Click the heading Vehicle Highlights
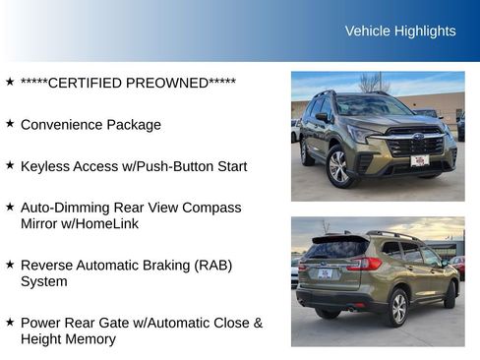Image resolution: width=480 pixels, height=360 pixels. coord(400,30)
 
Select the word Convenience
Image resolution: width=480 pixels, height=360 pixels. coord(62,125)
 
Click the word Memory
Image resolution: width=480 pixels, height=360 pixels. coord(90,338)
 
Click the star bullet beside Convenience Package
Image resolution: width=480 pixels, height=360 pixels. coord(10,124)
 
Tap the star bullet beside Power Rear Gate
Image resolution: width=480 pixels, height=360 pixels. coord(10,322)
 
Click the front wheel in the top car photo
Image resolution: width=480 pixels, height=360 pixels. coord(338,166)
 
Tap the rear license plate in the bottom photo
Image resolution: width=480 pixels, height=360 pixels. coord(325,273)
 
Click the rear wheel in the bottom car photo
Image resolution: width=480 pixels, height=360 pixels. coord(398,308)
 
